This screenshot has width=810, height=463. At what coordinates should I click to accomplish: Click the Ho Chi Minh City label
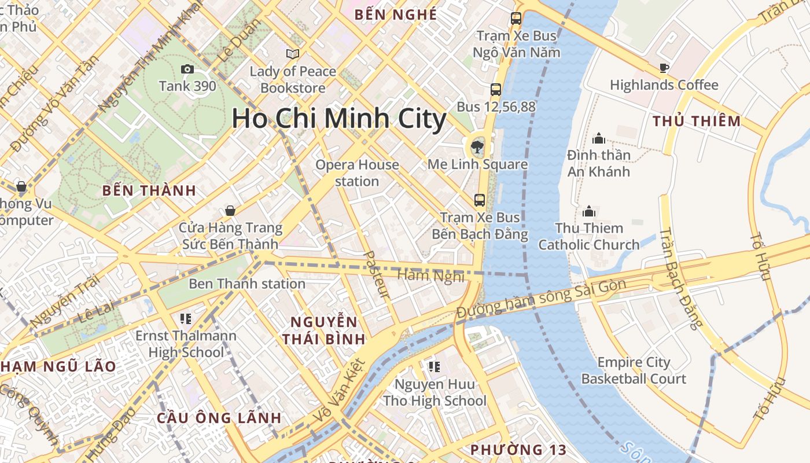(339, 119)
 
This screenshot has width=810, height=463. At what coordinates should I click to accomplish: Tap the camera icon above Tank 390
(187, 69)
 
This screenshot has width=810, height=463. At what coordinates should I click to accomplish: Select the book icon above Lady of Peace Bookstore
(293, 54)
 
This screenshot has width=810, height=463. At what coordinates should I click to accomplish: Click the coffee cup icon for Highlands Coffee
(664, 68)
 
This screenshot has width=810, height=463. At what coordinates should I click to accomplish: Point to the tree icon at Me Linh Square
(477, 147)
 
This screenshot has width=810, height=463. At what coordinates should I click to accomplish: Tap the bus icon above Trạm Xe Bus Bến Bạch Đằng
(480, 200)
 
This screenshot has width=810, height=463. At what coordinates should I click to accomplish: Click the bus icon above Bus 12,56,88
(496, 90)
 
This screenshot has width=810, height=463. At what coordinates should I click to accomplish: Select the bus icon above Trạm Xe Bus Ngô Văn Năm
(516, 19)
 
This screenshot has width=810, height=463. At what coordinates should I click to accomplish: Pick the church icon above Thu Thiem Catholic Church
(589, 211)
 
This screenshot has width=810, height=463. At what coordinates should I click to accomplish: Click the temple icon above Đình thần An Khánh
(599, 138)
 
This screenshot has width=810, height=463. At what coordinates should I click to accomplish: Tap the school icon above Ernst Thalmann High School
(186, 318)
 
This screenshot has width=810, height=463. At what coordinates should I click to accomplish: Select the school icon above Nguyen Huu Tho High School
(435, 366)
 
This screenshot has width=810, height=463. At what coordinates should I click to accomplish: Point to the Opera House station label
(357, 173)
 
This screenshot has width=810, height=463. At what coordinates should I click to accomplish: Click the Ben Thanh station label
(247, 284)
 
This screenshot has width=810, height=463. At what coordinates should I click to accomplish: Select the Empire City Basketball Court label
(634, 371)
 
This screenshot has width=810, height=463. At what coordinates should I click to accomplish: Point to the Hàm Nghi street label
(431, 275)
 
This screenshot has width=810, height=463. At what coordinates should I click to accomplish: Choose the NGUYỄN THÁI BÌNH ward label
(324, 330)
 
